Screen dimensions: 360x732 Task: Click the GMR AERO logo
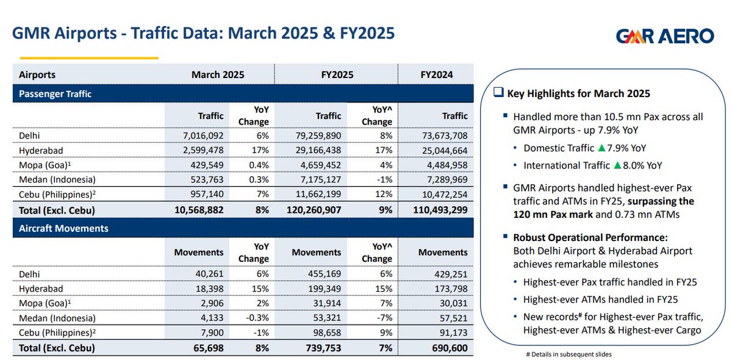coord(664,36)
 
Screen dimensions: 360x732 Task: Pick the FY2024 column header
coord(436,75)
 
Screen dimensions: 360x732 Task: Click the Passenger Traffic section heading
coord(55,94)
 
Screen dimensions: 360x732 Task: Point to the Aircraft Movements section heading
coord(63,228)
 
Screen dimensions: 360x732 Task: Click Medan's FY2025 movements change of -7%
coord(385,318)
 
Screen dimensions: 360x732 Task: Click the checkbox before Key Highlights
coord(498,93)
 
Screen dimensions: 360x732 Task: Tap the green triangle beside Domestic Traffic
coord(601,148)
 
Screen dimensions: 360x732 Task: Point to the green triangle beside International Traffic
coord(618,165)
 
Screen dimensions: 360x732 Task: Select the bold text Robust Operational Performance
coord(590,237)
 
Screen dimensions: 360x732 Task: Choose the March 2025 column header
coord(218,75)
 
